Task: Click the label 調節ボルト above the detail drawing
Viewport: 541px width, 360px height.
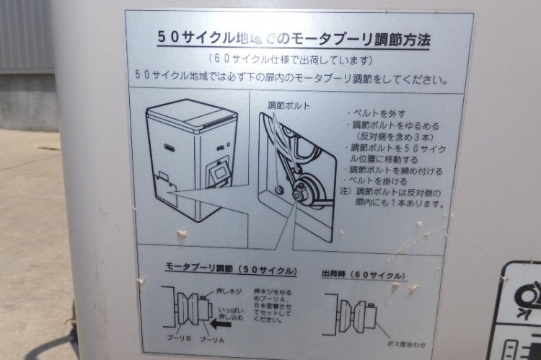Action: pyautogui.click(x=289, y=105)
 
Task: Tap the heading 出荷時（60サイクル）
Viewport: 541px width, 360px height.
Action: pyautogui.click(x=363, y=275)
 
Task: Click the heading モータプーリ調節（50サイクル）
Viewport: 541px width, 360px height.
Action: pyautogui.click(x=230, y=271)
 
